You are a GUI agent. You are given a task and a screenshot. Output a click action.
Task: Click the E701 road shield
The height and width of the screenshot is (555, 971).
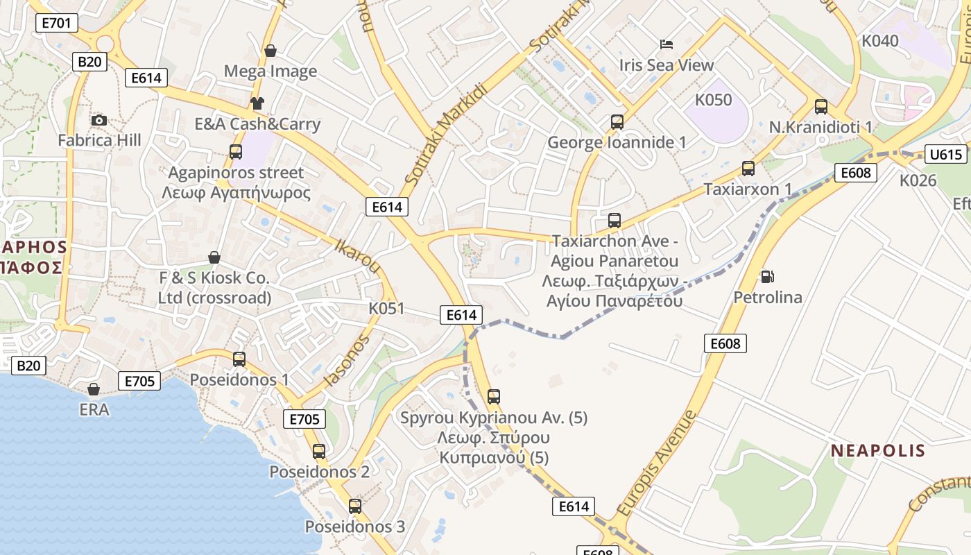pyautogui.click(x=56, y=23)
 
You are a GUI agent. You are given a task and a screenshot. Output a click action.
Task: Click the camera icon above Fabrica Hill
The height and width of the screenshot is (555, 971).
pyautogui.click(x=99, y=120)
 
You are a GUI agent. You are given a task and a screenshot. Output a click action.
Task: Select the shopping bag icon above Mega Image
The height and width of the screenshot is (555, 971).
pyautogui.click(x=270, y=51)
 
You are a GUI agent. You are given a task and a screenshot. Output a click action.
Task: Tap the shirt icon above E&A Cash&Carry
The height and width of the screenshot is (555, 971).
pyautogui.click(x=257, y=103)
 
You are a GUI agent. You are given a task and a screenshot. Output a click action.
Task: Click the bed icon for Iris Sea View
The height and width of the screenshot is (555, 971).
pyautogui.click(x=667, y=44)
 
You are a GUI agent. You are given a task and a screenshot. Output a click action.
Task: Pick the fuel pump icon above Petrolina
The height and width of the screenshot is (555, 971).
pyautogui.click(x=767, y=276)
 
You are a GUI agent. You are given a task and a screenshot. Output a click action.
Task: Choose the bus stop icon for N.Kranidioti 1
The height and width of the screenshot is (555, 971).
pyautogui.click(x=821, y=107)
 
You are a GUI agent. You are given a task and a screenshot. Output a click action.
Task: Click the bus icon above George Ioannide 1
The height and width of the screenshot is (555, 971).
pyautogui.click(x=617, y=122)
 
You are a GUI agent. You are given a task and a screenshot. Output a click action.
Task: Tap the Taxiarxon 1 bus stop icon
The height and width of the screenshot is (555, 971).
pyautogui.click(x=748, y=169)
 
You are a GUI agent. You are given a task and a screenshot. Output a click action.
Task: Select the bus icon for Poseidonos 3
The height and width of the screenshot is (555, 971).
pyautogui.click(x=355, y=506)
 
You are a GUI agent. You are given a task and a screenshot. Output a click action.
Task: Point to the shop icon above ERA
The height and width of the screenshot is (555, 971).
pyautogui.click(x=94, y=389)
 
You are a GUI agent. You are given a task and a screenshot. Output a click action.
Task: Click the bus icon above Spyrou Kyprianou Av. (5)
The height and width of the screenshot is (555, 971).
pyautogui.click(x=493, y=397)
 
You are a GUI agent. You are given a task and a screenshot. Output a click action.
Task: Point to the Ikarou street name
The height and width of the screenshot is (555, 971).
pyautogui.click(x=358, y=256)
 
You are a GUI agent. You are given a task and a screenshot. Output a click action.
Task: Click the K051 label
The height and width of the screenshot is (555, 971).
pyautogui.click(x=386, y=309)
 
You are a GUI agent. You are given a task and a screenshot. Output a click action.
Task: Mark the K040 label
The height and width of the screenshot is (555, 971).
pyautogui.click(x=879, y=41)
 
